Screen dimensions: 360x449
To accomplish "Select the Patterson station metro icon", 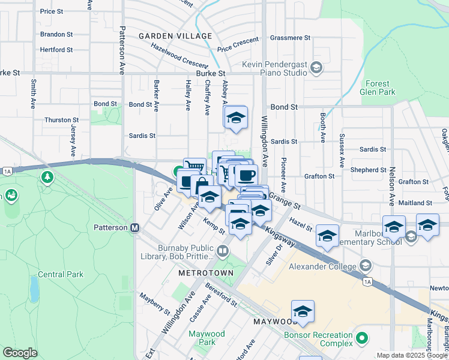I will point(135,228).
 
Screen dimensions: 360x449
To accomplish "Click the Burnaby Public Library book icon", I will point(223,250).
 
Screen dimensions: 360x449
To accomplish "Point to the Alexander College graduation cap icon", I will point(365,266).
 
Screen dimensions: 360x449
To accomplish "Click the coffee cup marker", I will point(246,175).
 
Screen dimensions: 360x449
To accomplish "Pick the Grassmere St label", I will point(290,37).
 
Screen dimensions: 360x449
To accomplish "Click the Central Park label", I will point(61,274).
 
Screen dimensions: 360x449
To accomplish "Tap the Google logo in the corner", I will point(20,353).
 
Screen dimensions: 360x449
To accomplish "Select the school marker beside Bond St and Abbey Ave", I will point(237,118).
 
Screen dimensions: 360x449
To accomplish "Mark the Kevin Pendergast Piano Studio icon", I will point(315,68).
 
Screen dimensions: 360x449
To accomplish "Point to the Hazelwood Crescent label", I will point(179,55).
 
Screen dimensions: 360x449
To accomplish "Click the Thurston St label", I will point(61,120).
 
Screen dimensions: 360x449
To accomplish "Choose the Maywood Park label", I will point(206,338).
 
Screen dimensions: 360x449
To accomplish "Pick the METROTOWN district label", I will point(201,272).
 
